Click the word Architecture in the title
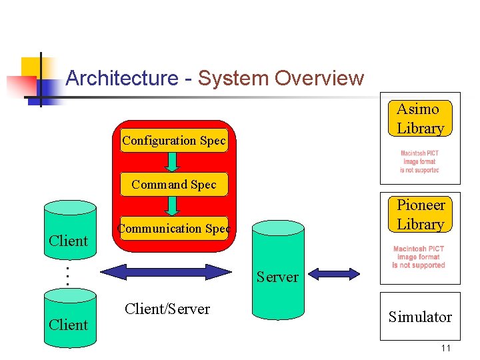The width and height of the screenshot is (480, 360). point(121,79)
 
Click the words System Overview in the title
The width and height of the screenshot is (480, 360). point(281,79)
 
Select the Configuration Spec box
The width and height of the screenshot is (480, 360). point(174,141)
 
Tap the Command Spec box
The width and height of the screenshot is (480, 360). point(174,184)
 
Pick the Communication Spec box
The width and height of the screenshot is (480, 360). point(174,229)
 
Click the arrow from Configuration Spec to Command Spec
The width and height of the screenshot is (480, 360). point(173,162)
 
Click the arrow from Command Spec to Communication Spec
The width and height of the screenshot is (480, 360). point(173,205)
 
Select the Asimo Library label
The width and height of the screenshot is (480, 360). point(419,119)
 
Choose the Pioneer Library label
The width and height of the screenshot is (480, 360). point(420,214)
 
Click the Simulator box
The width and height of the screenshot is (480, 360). point(420,317)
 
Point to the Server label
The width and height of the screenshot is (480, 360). point(277,277)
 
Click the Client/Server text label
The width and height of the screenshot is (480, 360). point(167,309)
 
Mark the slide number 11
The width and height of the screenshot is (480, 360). point(446,349)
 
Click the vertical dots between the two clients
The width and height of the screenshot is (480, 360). point(67,276)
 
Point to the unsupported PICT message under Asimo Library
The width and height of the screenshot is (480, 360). point(419,162)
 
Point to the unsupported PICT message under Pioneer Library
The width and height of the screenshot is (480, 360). point(419,257)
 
